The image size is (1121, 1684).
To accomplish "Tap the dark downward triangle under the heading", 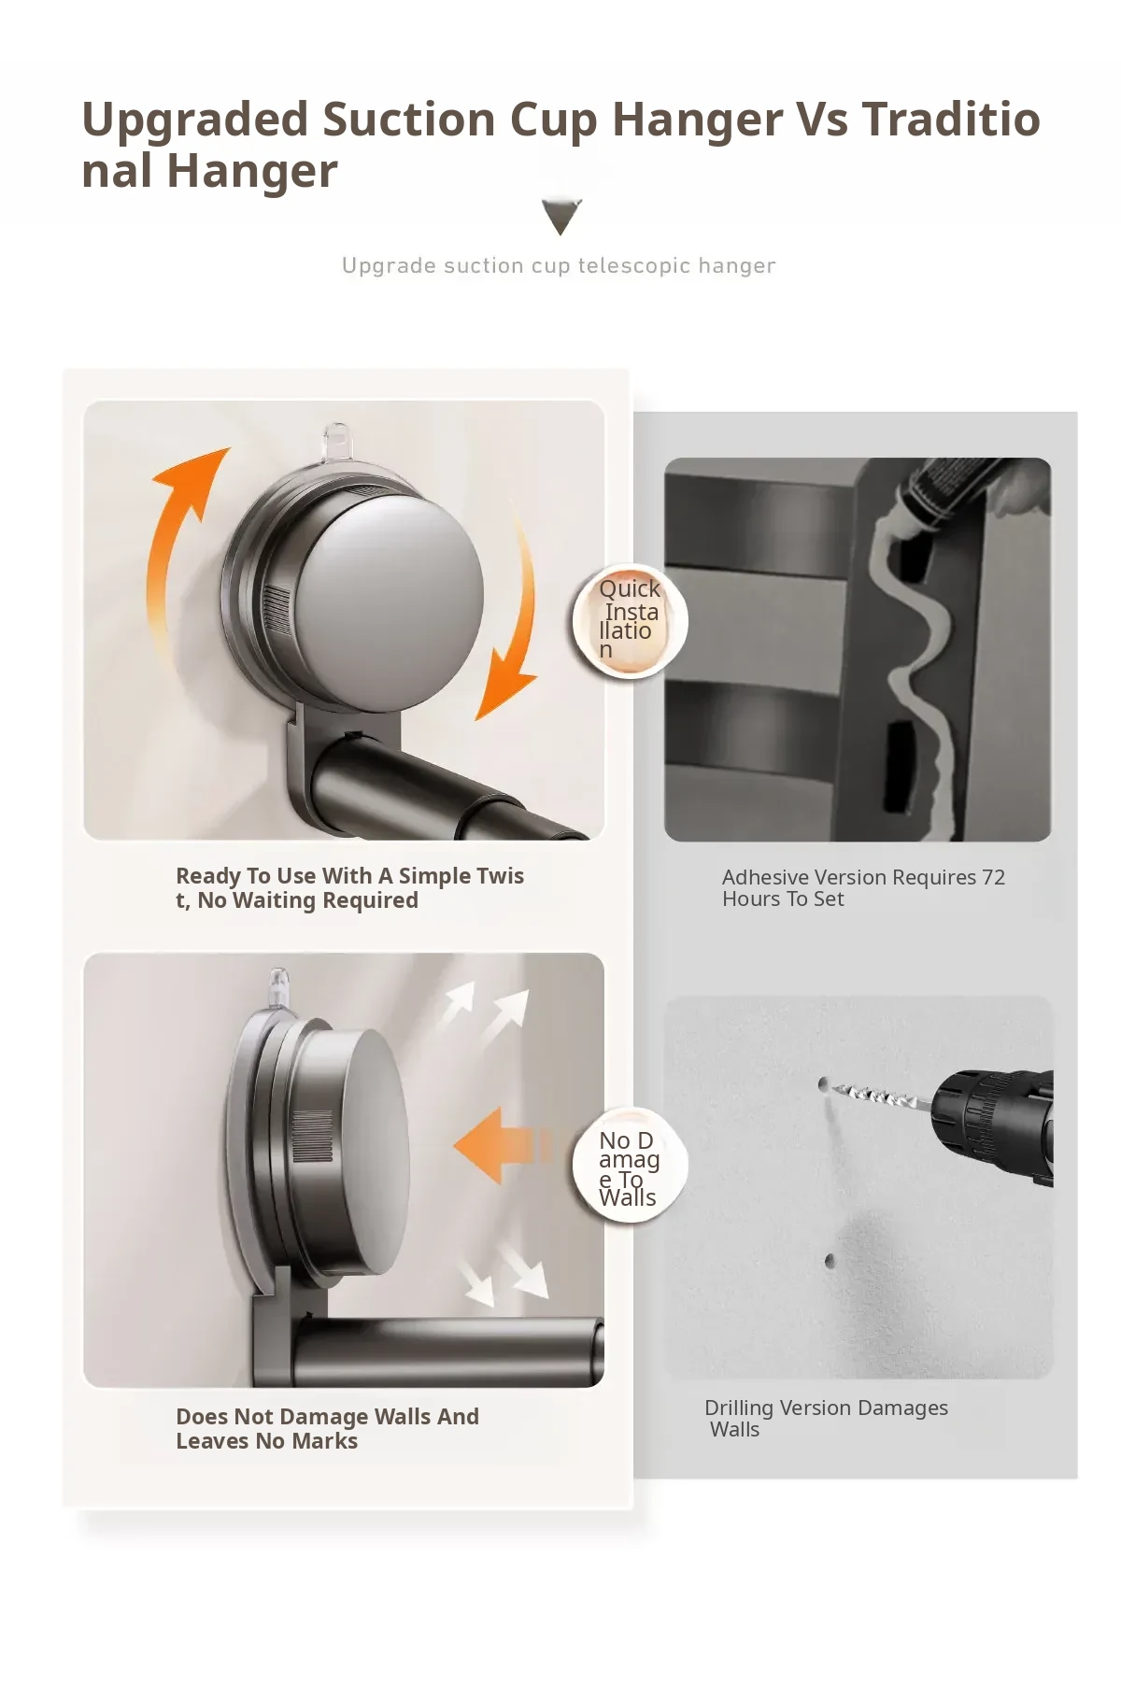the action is click(561, 216).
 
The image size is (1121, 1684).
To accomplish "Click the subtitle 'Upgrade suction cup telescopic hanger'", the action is click(559, 266).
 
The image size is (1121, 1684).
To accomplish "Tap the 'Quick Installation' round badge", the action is click(630, 620).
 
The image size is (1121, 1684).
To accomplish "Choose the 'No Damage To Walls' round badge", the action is click(630, 1166).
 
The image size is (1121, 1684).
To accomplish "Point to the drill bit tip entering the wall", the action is click(823, 1084).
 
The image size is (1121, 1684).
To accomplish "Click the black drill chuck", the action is click(990, 1125).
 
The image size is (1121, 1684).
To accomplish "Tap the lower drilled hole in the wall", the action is click(830, 1261).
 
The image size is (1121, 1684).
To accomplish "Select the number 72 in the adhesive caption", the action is click(993, 877).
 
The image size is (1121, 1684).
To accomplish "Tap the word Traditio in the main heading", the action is click(951, 120).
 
